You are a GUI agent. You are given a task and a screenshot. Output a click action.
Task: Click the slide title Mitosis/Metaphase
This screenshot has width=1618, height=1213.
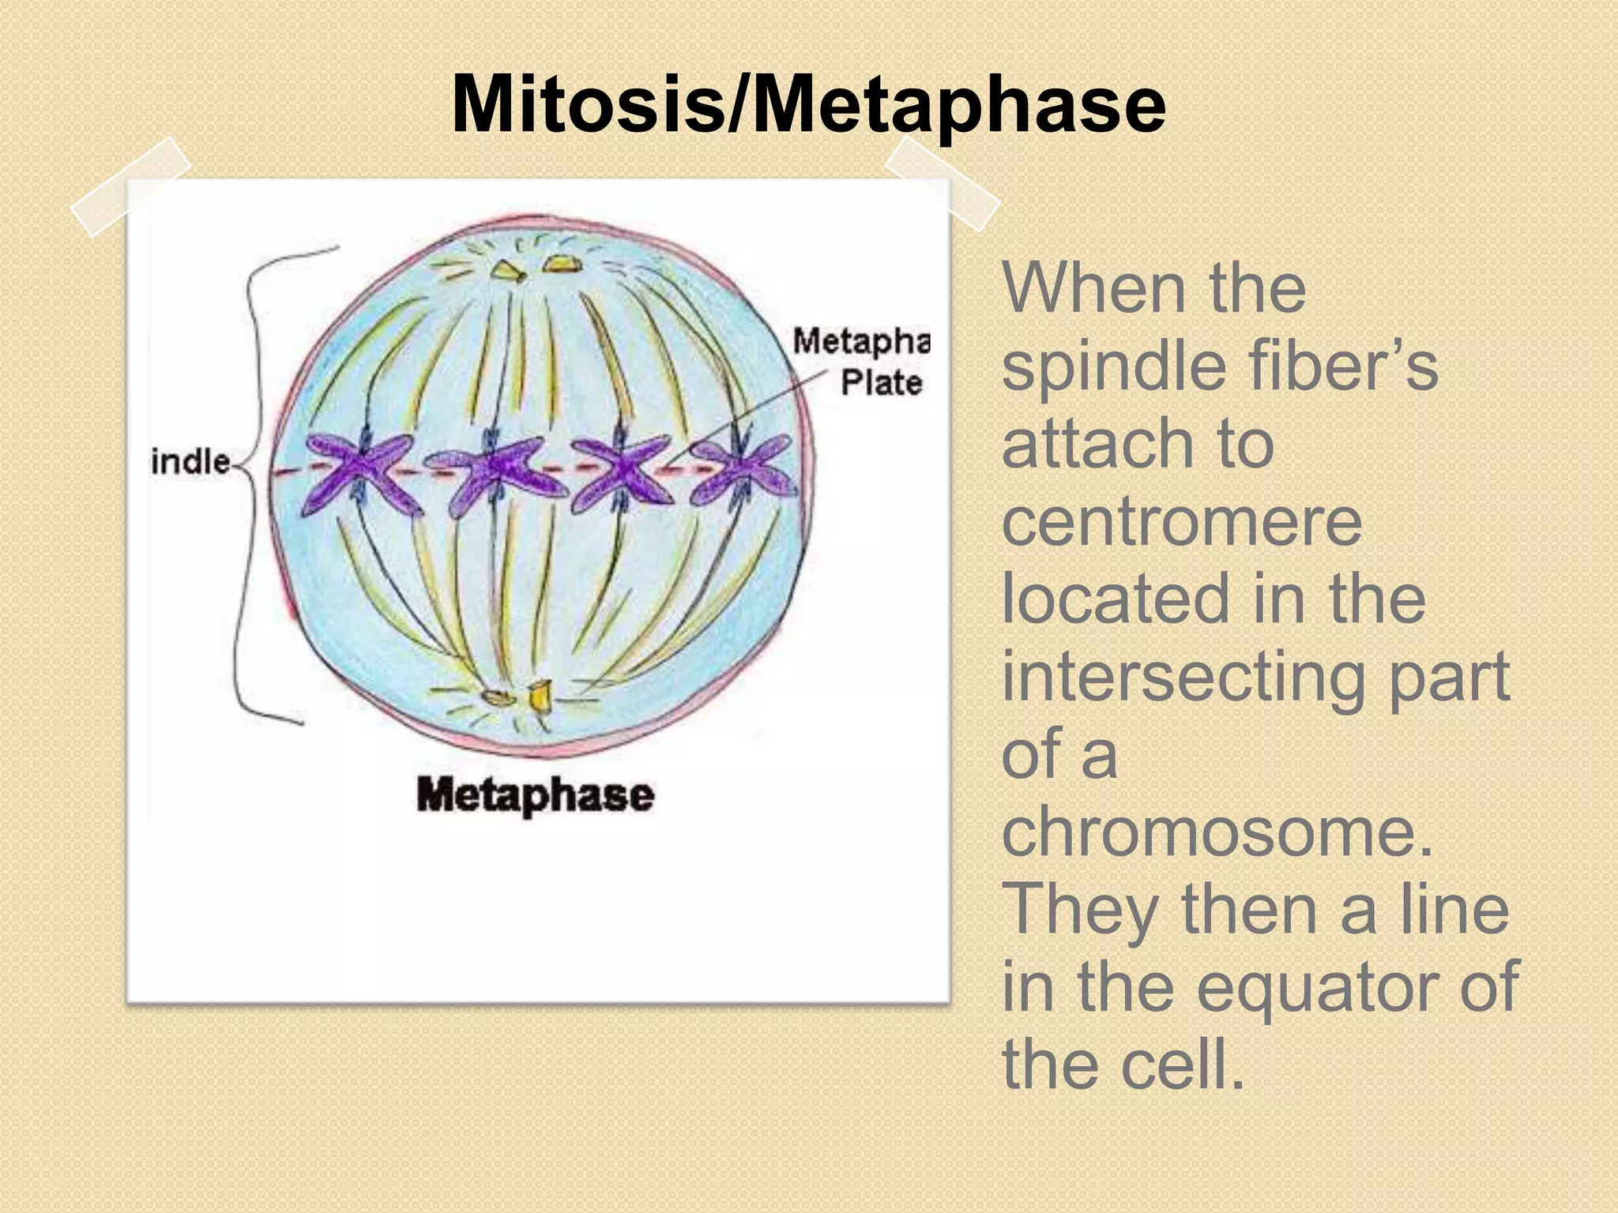point(807,105)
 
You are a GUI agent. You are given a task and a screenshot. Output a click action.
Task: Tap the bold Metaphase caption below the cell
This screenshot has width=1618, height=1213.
point(535,794)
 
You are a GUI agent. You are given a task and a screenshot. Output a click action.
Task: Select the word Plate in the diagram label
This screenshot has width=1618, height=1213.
point(881,383)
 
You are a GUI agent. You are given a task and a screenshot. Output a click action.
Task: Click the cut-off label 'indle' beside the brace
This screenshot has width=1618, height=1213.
point(190,462)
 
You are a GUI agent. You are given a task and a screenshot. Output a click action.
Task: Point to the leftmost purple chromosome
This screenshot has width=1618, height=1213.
point(359,474)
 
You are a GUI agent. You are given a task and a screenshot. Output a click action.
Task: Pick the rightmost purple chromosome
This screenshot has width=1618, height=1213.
point(743,471)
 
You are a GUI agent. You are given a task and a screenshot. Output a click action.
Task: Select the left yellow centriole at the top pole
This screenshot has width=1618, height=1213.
point(508,272)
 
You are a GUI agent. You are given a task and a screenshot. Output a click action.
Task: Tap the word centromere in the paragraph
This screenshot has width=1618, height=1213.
point(1182,522)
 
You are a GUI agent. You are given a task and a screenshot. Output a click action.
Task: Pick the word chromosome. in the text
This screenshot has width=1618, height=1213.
point(1217,834)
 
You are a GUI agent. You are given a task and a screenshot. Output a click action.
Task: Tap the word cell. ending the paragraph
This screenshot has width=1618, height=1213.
point(1182,1065)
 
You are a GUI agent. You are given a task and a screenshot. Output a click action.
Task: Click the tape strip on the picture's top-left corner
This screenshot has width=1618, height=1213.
point(130,186)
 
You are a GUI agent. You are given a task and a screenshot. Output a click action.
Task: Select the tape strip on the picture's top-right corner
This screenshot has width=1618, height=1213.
point(942,183)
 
